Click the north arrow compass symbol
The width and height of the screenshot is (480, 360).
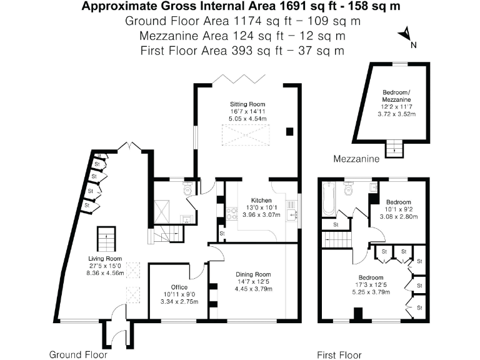tap(407, 35)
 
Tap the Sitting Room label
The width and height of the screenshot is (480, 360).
tap(247, 104)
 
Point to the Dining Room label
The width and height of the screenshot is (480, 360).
tap(253, 274)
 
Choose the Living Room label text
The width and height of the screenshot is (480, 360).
tap(105, 258)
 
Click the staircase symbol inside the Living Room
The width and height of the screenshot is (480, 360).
tap(104, 237)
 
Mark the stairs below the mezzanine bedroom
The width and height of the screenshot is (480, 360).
tap(394, 149)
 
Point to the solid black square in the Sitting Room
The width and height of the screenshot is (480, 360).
tap(289, 131)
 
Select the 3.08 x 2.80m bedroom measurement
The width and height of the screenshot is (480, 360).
tap(398, 217)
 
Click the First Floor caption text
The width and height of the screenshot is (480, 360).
tap(339, 354)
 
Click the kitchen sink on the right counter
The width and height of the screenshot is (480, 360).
tap(292, 214)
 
